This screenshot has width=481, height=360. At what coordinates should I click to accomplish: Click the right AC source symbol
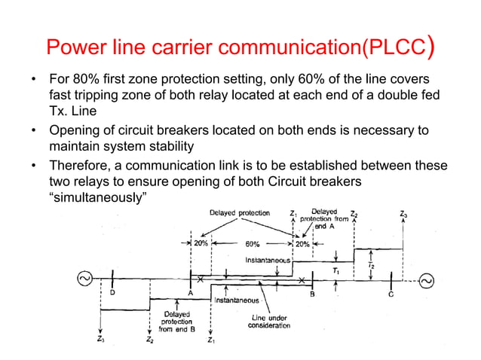(427, 281)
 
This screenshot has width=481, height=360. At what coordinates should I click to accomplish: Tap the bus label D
(112, 294)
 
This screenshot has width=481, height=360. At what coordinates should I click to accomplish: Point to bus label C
(391, 294)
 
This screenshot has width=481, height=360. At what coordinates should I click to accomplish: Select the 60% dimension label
(253, 244)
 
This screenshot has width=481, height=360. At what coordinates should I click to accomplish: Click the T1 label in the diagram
(335, 269)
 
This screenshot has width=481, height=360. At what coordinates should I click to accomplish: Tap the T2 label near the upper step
(370, 265)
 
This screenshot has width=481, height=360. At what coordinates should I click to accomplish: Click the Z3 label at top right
(405, 214)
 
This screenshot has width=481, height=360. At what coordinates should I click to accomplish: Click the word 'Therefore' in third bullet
(79, 166)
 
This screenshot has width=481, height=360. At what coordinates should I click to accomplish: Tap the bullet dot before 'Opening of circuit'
(32, 131)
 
